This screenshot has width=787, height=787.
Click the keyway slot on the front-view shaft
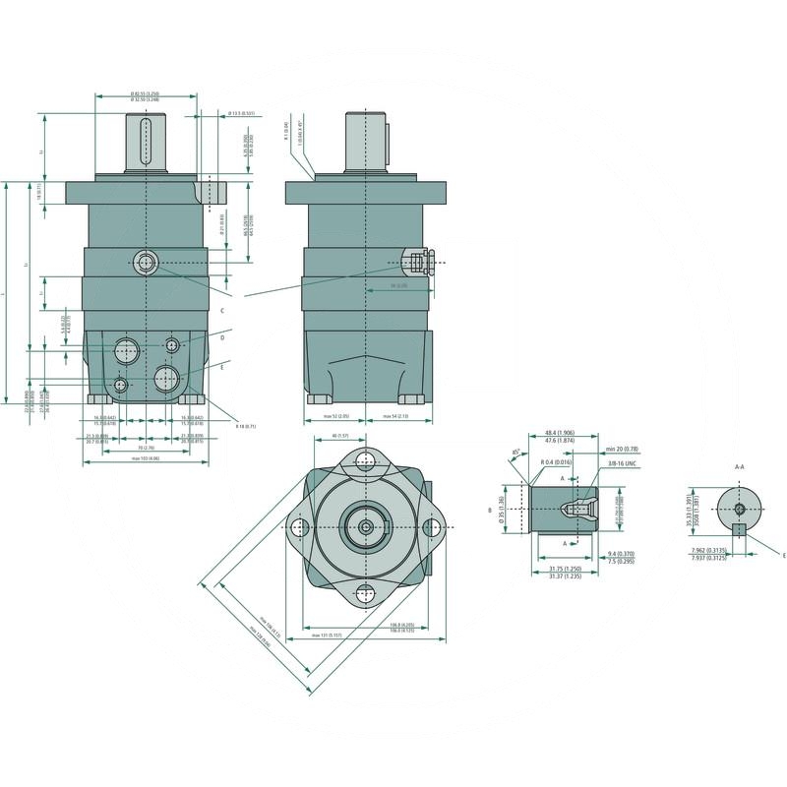(146, 139)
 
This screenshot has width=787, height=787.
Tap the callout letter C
(222, 310)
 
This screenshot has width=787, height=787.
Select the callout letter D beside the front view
(222, 337)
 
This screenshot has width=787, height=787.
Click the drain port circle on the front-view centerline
(147, 262)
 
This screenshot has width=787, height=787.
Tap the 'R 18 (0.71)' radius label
(245, 426)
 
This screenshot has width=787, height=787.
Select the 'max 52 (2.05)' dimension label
(336, 417)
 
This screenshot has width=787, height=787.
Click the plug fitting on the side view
(418, 262)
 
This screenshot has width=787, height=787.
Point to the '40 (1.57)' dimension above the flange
(341, 436)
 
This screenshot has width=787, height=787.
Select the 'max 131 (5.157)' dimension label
(329, 636)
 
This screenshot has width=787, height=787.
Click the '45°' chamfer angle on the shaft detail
(516, 454)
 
